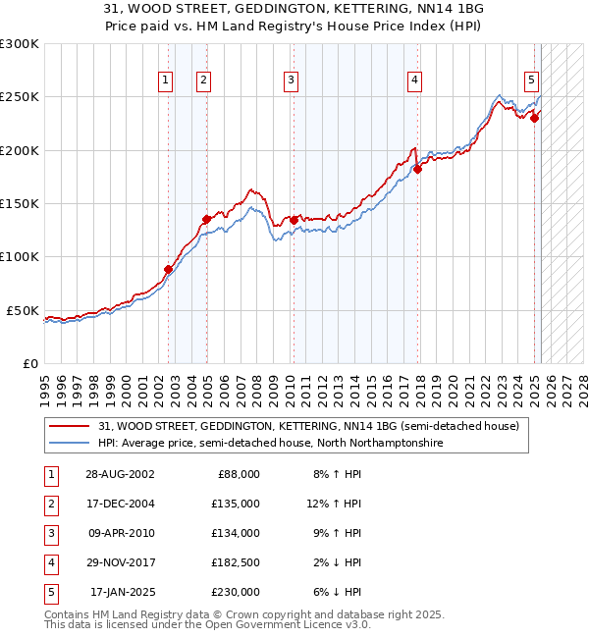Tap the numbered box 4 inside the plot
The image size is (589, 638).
pos(415,80)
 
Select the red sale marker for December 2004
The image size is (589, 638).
pos(206,219)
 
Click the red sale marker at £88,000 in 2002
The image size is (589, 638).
pos(168,269)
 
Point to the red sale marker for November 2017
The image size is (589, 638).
pos(417,169)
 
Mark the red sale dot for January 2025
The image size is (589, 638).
pos(535,118)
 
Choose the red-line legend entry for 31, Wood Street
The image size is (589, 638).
pos(314,426)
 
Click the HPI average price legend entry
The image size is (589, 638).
pos(270,444)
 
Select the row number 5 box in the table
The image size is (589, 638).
pos(51,592)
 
